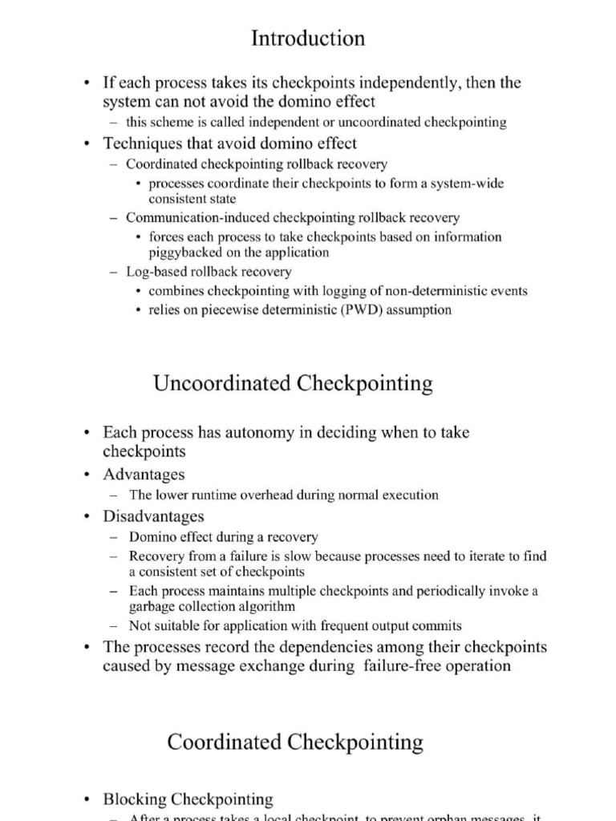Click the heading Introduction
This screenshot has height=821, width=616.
tap(308, 38)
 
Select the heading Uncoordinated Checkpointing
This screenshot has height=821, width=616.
tap(293, 383)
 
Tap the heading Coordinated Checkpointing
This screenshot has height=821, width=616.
tap(295, 742)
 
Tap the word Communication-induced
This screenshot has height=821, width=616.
tap(197, 217)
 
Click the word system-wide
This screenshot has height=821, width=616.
tap(467, 184)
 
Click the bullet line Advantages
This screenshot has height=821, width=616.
tap(144, 474)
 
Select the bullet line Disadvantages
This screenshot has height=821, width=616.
tap(153, 516)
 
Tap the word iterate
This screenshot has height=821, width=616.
tap(468, 556)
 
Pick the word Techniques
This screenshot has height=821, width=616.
tap(144, 144)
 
